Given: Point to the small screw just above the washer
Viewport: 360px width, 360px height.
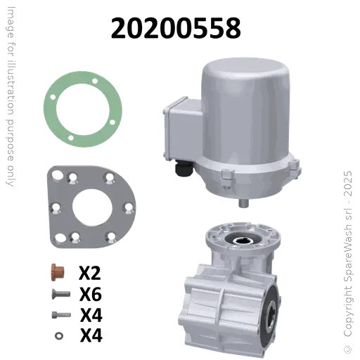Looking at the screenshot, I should pos(57,314).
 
